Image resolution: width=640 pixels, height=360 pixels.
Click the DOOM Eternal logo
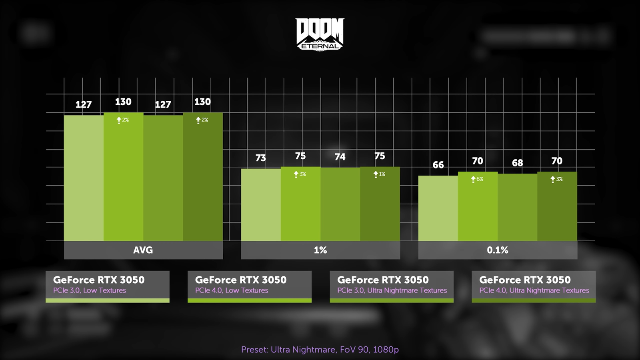tap(320, 34)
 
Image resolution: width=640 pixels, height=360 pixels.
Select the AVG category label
tap(143, 250)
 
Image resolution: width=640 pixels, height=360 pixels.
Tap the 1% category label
tap(320, 250)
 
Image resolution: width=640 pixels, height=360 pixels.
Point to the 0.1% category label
tap(497, 250)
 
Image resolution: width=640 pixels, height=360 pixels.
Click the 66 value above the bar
tap(438, 165)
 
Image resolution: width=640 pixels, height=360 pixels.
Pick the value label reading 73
tap(260, 158)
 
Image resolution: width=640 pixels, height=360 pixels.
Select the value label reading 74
tap(340, 157)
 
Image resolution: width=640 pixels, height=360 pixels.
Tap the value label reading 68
tap(517, 163)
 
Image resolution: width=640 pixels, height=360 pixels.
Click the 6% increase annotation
tap(477, 179)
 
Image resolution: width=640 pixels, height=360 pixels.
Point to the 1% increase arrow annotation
tap(379, 174)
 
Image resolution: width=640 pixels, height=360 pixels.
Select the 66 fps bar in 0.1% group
tap(438, 208)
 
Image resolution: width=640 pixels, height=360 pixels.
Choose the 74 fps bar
tap(340, 204)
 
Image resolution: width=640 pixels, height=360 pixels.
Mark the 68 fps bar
tap(517, 207)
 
